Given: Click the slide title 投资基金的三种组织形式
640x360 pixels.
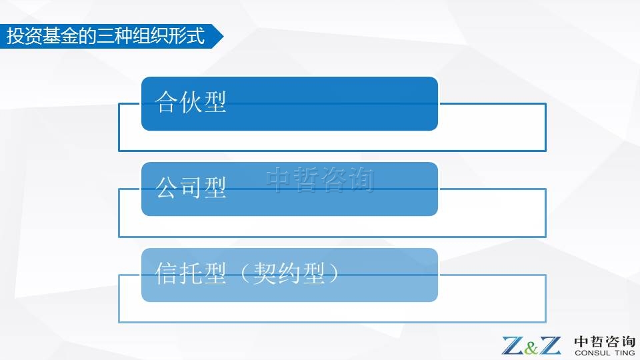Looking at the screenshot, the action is click(x=105, y=35).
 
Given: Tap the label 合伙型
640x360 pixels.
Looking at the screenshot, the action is click(x=190, y=101).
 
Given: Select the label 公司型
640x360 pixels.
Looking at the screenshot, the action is click(x=190, y=187).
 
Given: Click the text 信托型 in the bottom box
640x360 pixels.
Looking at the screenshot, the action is click(x=190, y=273).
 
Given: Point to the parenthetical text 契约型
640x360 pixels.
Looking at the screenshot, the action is click(x=289, y=273).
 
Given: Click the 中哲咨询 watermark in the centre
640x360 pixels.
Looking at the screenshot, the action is click(x=319, y=179).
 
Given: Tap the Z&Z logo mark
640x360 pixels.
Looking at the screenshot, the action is click(x=531, y=345).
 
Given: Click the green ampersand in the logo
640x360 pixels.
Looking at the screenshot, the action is click(x=531, y=347).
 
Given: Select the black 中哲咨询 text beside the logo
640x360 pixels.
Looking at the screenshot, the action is click(x=605, y=341).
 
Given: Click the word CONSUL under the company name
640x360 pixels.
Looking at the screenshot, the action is click(x=593, y=353).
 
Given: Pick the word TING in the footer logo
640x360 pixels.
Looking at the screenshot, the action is click(x=625, y=353).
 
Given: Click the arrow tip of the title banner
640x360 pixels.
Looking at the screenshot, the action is click(x=223, y=36).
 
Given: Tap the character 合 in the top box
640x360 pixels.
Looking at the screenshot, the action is click(x=167, y=101).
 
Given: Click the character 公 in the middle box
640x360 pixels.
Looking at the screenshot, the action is click(x=167, y=187).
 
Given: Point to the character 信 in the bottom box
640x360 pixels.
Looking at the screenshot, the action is click(x=167, y=273).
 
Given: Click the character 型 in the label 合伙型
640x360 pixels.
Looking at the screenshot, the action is click(x=215, y=101).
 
